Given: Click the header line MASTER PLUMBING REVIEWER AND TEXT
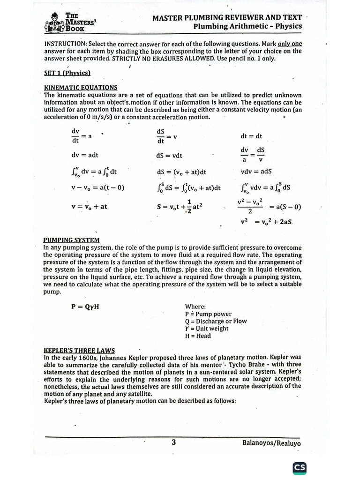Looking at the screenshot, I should point(227,17).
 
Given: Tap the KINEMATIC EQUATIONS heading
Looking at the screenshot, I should point(81,87).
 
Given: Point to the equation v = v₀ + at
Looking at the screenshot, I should point(89,206).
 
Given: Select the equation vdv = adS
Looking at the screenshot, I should point(256,172).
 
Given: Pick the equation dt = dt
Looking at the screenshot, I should point(251,136).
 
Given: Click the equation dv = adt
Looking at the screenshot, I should point(85,155).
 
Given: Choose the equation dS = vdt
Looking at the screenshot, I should point(169,156).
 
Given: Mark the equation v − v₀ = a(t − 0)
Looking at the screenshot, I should point(97,188).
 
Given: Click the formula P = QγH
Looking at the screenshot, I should point(85,307).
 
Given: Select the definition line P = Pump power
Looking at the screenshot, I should point(208,314).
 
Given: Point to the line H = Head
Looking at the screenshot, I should point(198,336).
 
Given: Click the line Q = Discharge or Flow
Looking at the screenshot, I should point(216,321).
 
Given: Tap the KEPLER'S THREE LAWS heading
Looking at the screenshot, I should point(79,350).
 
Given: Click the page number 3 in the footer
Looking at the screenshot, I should point(173,442).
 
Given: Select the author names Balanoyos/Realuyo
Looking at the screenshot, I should point(271,443).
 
